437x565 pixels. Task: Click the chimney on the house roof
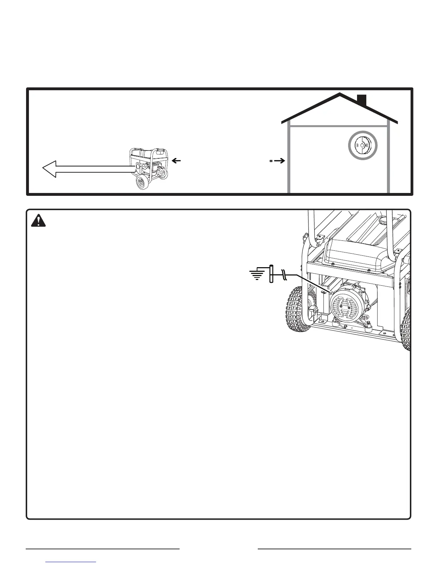click(x=362, y=101)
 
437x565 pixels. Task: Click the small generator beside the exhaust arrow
click(x=150, y=167)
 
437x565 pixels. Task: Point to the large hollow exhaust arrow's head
click(x=50, y=169)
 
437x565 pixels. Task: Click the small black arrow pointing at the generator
click(x=176, y=161)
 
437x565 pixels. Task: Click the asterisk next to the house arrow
click(x=271, y=162)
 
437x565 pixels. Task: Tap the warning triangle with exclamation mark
click(x=39, y=221)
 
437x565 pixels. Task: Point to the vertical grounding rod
click(x=271, y=274)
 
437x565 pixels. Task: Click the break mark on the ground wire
click(x=283, y=274)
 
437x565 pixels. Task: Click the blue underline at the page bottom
click(x=71, y=562)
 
